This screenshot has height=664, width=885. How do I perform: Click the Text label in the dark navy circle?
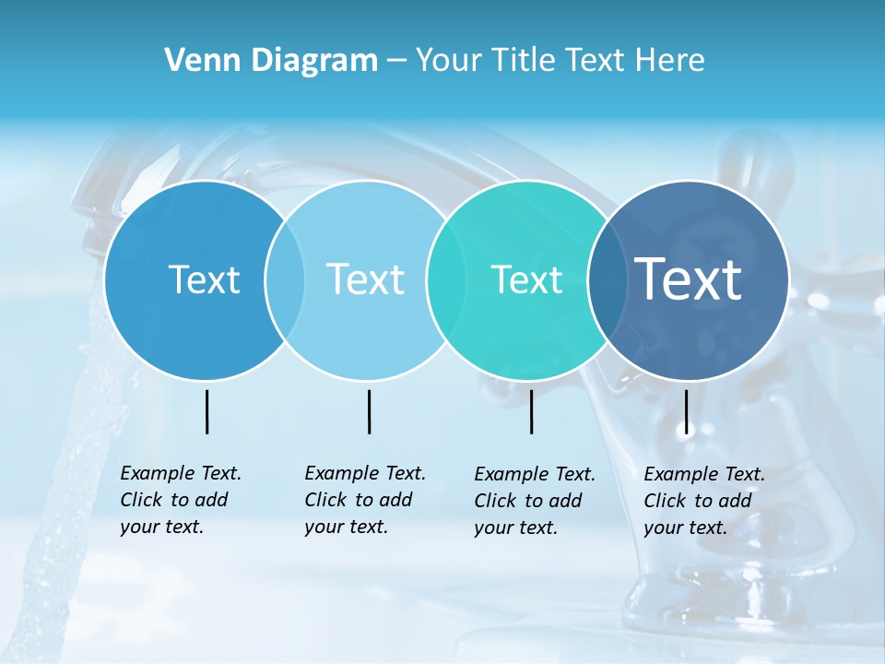[x=688, y=279]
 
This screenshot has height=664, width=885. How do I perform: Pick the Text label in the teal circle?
[x=526, y=279]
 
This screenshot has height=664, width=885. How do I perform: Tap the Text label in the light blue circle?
[x=365, y=279]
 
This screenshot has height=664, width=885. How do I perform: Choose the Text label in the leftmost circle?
[x=204, y=279]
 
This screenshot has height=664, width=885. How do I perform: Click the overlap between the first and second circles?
[x=285, y=279]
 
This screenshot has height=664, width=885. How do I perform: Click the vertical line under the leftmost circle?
[x=206, y=411]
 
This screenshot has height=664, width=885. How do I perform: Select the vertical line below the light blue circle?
[x=369, y=411]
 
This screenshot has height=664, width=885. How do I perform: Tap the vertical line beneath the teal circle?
[x=531, y=411]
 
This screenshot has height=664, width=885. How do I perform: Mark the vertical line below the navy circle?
[x=686, y=411]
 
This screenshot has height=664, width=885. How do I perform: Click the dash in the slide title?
[x=396, y=61]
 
